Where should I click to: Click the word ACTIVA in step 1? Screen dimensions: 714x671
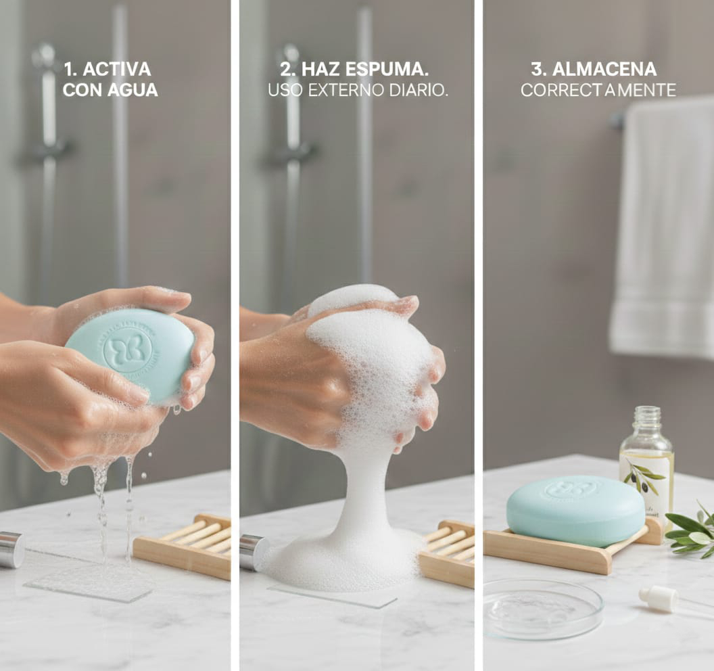point(116,69)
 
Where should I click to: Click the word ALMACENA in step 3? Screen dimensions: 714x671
point(604,69)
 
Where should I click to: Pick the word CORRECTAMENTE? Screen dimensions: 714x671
point(598,90)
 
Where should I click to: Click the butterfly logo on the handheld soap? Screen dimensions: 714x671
point(128,351)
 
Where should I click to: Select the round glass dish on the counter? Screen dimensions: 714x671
point(543,609)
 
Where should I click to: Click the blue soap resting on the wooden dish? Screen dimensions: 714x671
point(575,510)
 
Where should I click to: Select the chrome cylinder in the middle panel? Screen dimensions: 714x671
point(253,552)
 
